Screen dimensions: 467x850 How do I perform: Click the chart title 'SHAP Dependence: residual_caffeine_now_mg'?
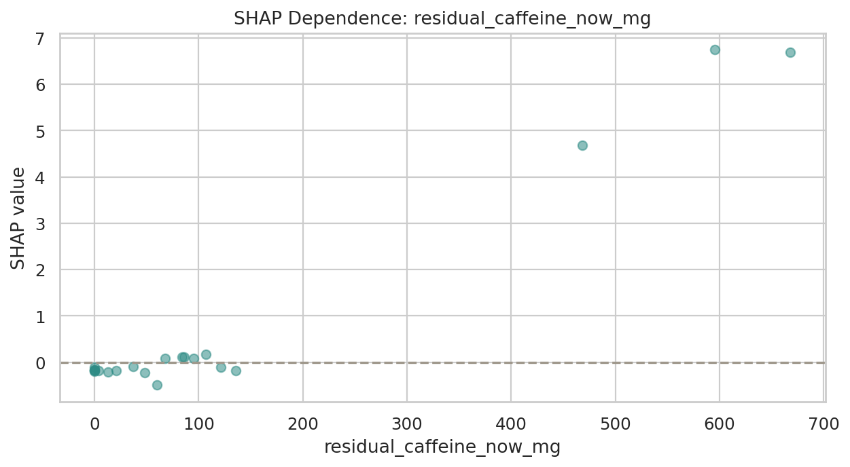click(442, 19)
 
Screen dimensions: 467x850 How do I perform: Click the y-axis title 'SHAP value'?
click(19, 217)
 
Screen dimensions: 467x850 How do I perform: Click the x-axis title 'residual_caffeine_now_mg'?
click(442, 448)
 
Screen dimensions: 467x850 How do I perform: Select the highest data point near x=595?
click(715, 50)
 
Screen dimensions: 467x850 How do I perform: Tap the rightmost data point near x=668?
click(790, 52)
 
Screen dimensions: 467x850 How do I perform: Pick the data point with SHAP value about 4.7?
click(582, 145)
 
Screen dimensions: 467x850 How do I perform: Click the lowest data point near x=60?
click(157, 385)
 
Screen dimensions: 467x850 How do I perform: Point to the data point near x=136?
click(236, 371)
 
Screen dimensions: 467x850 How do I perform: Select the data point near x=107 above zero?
click(206, 354)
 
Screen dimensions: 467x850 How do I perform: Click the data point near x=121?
click(221, 367)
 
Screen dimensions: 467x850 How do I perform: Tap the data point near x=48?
click(145, 373)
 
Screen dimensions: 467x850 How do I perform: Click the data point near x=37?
click(133, 367)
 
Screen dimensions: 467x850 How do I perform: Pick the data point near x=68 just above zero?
click(165, 358)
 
